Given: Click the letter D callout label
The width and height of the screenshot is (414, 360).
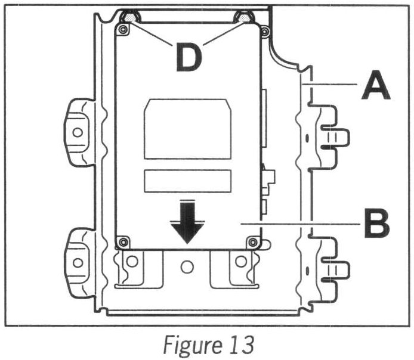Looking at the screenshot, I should coord(189,58).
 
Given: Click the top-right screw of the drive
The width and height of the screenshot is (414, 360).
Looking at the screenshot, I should coord(253,29).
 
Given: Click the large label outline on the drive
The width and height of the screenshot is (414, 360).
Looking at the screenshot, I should coord(187,129).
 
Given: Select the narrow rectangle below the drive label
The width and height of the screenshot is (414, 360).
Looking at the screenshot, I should coord(187,180).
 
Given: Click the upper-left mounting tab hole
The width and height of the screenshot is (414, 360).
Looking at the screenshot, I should coord(78,132).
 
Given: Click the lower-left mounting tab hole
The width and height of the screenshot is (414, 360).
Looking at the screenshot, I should coord(78,262).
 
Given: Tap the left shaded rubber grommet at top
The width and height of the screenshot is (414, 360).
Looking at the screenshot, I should coord(129,17).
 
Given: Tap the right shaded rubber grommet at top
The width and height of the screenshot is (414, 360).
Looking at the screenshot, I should coord(245,17).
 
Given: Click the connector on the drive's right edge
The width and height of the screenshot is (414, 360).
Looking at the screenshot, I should coord(267,179).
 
